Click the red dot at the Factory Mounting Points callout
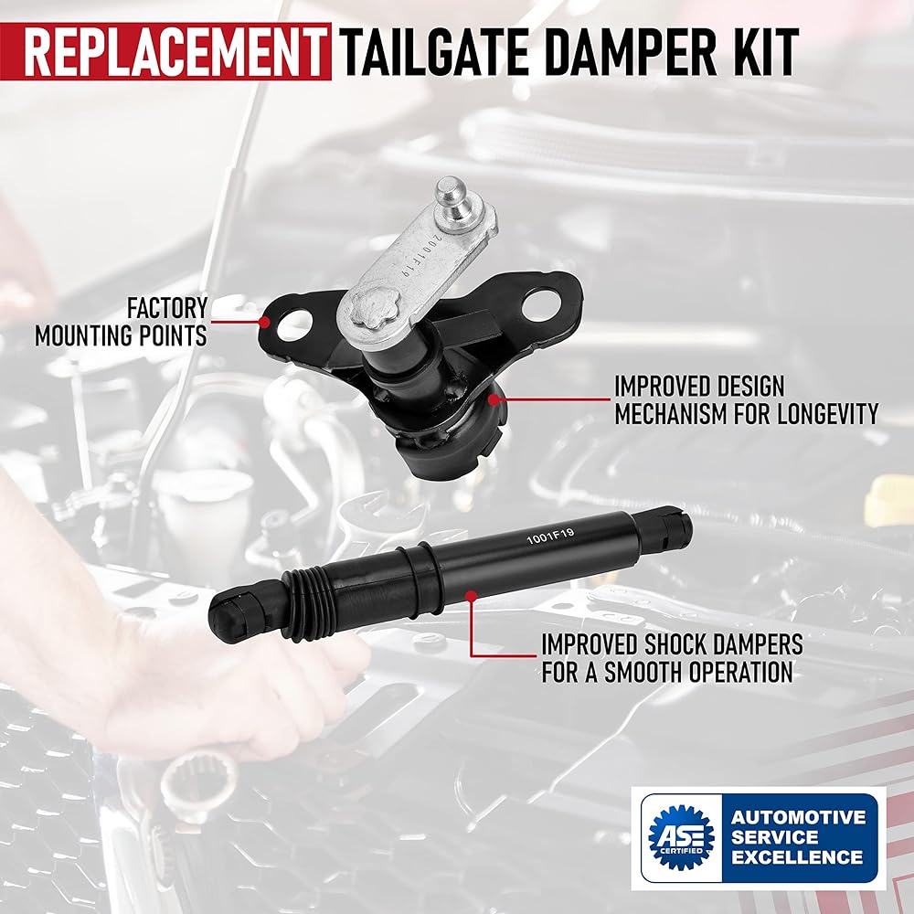[x=265, y=321]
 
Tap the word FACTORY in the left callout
[x=166, y=308]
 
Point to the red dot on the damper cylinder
[x=471, y=596]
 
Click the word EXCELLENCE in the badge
[x=796, y=857]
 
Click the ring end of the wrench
[x=198, y=785]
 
